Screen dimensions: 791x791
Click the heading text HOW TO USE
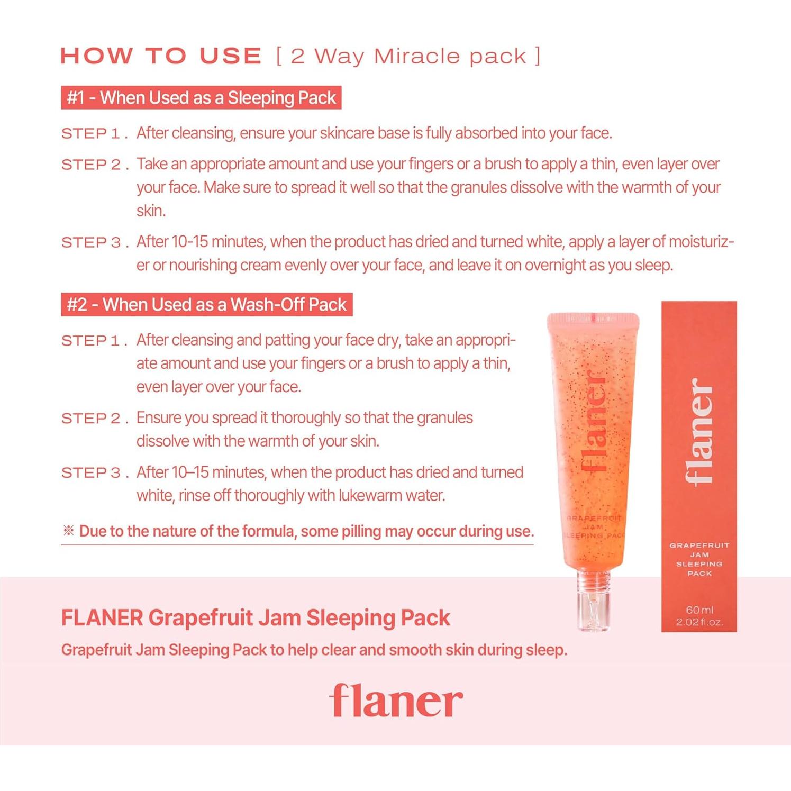161,56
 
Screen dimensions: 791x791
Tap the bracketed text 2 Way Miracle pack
408,56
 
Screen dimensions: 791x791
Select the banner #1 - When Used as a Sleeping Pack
201,98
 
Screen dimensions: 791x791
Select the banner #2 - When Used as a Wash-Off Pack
206,305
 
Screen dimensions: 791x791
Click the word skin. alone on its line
151,211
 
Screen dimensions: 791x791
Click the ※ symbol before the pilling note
68,531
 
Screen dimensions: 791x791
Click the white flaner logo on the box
699,431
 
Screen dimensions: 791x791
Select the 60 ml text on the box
699,610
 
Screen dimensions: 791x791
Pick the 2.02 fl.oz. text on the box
699,622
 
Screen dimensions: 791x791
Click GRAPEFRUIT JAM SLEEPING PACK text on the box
699,559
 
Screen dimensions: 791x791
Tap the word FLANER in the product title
102,618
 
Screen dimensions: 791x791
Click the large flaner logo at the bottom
396,701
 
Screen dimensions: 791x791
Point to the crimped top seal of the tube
593,319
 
